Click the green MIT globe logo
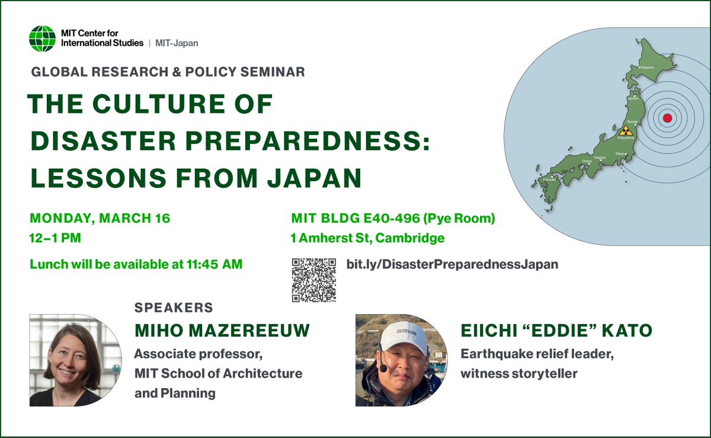(x=43, y=39)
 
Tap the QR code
(x=315, y=280)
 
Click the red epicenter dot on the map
(x=667, y=118)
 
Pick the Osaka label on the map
(x=571, y=161)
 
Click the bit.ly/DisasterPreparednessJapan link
(x=452, y=264)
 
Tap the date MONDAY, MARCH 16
(x=100, y=218)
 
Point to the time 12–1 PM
(x=55, y=239)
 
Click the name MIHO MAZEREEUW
(x=222, y=331)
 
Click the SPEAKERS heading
(x=174, y=308)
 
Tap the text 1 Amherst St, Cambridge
(x=367, y=239)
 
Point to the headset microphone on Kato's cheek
(x=383, y=368)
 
